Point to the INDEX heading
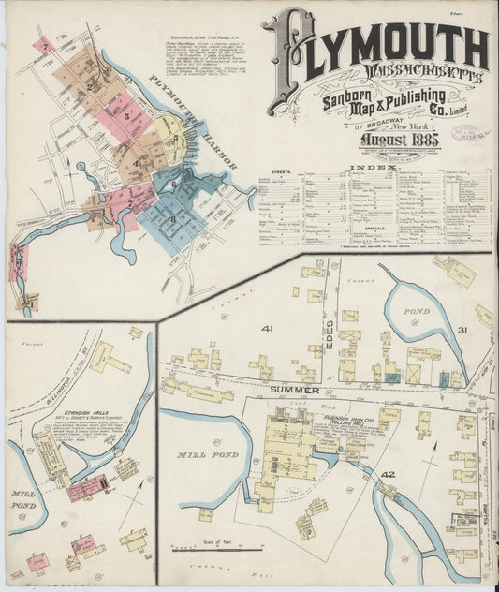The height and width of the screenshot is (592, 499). coord(374,167)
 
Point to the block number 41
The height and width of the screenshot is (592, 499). coord(267,329)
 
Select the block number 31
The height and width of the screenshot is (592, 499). coord(462,329)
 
